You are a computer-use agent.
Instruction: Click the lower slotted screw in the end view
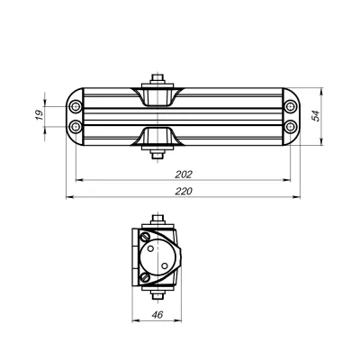coord(145,276)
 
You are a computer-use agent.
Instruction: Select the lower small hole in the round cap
coord(166,267)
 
